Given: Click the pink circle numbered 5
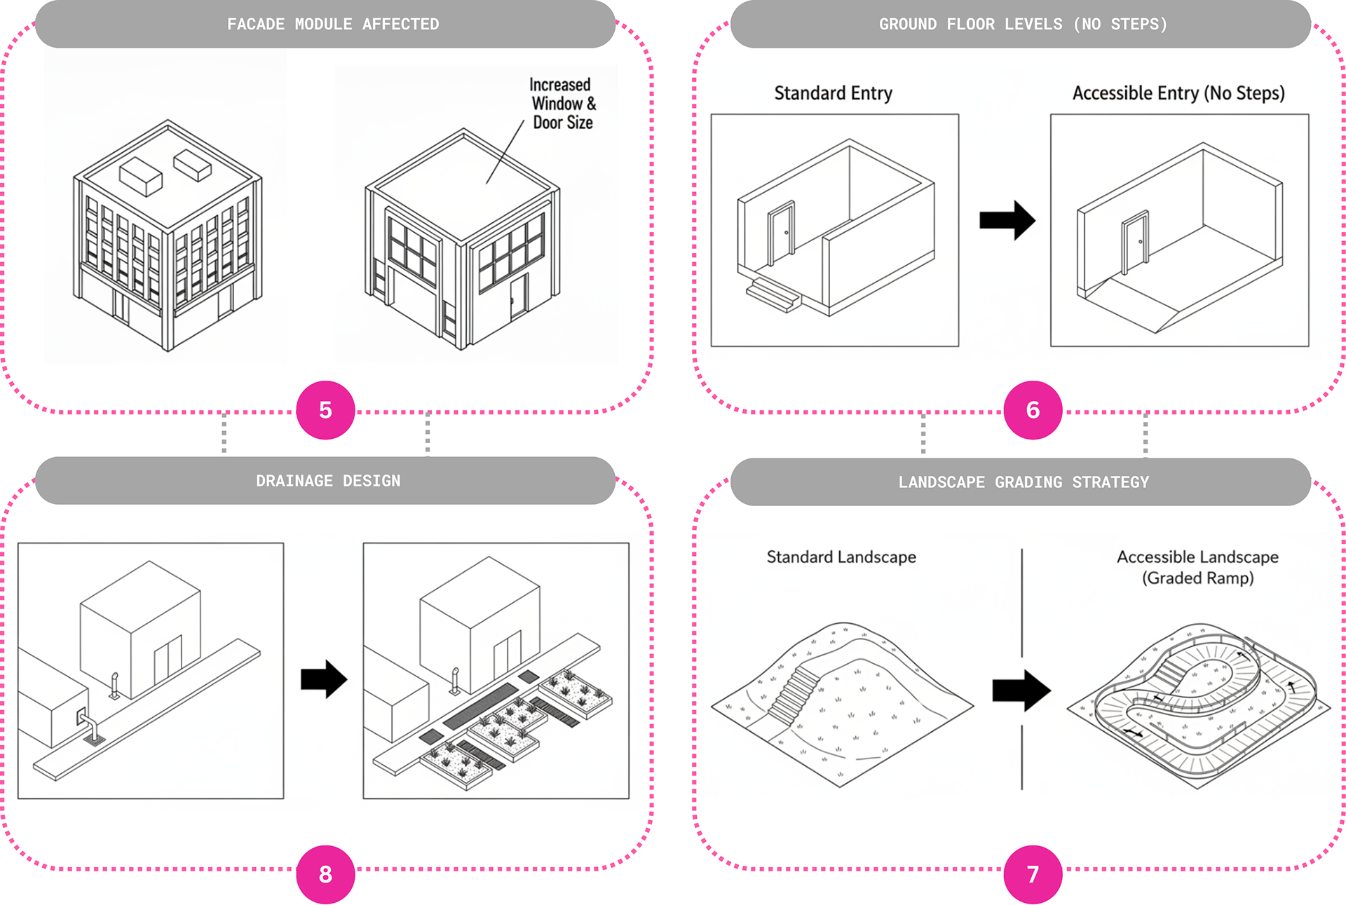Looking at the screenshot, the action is click(325, 410).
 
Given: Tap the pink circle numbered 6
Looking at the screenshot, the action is click(1033, 410).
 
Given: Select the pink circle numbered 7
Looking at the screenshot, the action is click(1033, 874).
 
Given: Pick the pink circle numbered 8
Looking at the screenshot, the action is click(325, 874).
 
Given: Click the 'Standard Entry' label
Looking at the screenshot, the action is click(833, 93).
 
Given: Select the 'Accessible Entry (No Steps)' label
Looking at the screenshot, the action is click(1178, 93).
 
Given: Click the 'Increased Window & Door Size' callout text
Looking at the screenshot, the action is click(562, 104).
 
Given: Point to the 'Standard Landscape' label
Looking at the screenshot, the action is click(841, 557).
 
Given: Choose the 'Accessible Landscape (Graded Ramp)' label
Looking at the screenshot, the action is click(1197, 567).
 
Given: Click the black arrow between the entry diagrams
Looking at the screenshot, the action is click(1007, 220).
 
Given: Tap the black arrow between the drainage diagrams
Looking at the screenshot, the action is click(324, 679).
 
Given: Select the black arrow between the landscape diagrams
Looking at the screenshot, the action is click(1021, 690).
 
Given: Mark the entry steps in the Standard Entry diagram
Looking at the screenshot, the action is click(773, 294).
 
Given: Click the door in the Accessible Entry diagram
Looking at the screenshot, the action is click(1136, 243).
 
